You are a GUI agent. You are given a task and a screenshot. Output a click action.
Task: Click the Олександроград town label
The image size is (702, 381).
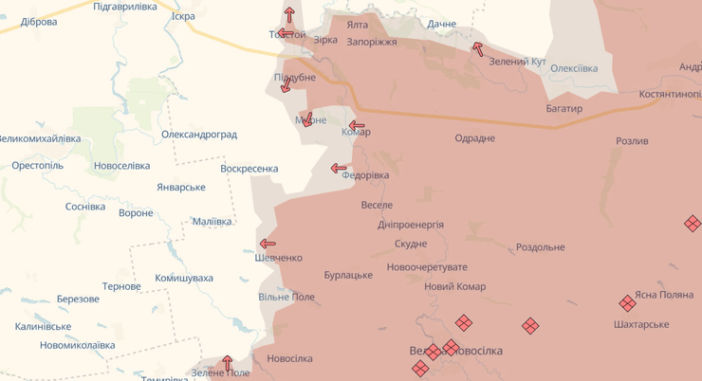pyautogui.click(x=199, y=135)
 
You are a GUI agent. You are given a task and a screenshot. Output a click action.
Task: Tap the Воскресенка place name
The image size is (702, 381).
pyautogui.click(x=249, y=169)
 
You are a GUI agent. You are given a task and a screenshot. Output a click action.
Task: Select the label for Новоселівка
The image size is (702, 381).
pyautogui.click(x=121, y=166)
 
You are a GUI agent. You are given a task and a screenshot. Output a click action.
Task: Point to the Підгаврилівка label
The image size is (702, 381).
pyautogui.click(x=125, y=7)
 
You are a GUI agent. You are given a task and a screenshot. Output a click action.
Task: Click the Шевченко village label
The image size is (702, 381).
pyautogui.click(x=278, y=258)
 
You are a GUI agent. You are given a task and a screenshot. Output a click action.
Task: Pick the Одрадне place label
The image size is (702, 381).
pyautogui.click(x=474, y=138)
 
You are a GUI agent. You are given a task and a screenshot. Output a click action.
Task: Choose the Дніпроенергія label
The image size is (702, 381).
pyautogui.click(x=411, y=225)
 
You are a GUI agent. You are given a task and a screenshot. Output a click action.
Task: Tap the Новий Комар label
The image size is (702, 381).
pyautogui.click(x=455, y=286)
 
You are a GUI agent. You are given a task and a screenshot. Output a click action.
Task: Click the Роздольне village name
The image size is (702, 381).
pyautogui.click(x=541, y=247)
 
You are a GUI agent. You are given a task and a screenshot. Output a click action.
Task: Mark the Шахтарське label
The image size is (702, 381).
pyautogui.click(x=641, y=324)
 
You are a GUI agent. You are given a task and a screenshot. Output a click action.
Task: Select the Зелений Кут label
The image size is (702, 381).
pyautogui.click(x=517, y=62)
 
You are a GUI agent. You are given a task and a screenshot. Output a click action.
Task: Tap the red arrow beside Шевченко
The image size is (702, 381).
pyautogui.click(x=268, y=244)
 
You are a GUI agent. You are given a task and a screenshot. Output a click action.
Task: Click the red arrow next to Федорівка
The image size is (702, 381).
pyautogui.click(x=339, y=169)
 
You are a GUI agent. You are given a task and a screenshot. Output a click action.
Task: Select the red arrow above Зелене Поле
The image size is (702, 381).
pyautogui.click(x=227, y=362)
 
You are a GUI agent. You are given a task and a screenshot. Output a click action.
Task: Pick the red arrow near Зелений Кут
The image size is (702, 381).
pyautogui.click(x=477, y=47)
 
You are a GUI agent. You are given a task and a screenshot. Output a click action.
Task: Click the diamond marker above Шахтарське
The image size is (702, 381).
pyautogui.click(x=627, y=303)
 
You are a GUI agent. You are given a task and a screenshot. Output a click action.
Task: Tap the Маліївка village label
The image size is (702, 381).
pyautogui.click(x=212, y=222)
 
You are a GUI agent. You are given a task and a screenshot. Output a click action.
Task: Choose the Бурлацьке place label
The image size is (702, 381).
pyautogui.click(x=348, y=275)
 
